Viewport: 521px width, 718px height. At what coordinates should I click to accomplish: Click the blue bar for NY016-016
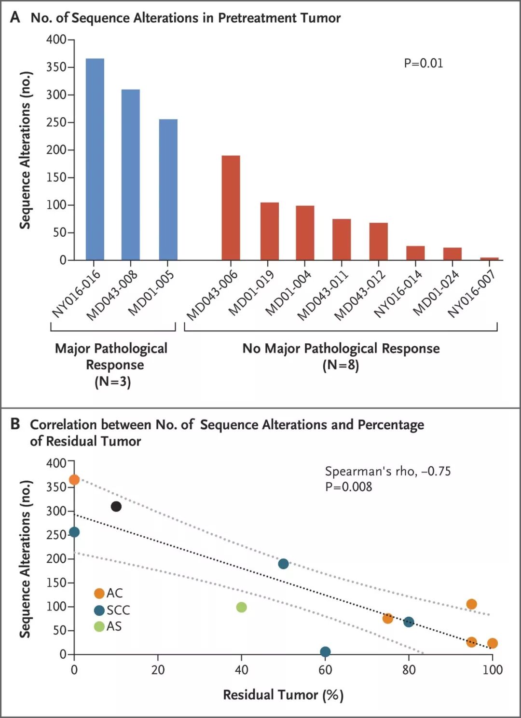click(x=95, y=159)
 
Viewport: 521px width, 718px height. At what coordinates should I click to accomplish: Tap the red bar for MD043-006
click(x=231, y=208)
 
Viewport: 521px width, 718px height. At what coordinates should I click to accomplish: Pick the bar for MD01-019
click(x=270, y=231)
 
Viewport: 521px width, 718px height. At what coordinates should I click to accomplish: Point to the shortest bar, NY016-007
click(x=489, y=258)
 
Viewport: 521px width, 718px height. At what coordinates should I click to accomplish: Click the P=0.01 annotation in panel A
click(x=423, y=63)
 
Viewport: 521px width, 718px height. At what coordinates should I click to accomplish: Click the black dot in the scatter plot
click(x=116, y=506)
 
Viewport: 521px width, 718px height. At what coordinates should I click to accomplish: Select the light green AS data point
click(x=241, y=607)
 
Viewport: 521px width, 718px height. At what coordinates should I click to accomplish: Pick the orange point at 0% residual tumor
click(x=74, y=479)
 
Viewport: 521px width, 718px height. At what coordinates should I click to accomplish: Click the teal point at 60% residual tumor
click(x=325, y=651)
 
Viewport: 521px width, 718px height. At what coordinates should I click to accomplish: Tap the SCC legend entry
click(x=112, y=610)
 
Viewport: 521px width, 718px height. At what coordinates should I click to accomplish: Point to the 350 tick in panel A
click(x=56, y=67)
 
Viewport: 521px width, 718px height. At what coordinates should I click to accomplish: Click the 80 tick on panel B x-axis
click(x=409, y=669)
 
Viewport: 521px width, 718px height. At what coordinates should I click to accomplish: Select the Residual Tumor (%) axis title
click(x=283, y=695)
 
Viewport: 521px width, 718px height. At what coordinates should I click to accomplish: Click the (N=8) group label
click(x=341, y=365)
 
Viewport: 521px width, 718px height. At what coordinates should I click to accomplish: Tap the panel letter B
click(x=15, y=424)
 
